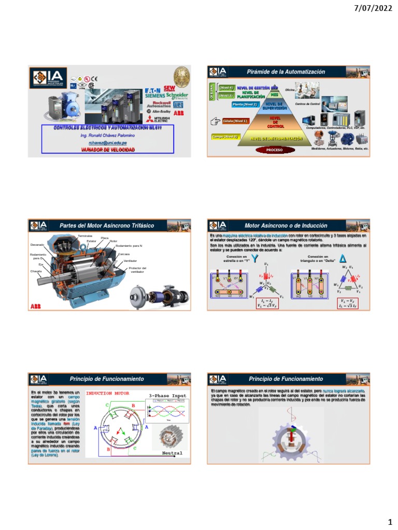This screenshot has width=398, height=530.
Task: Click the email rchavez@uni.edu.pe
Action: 108,142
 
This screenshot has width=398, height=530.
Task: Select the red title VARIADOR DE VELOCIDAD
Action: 108,150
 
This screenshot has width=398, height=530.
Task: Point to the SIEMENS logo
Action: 155,96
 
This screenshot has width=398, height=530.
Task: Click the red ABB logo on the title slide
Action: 178,113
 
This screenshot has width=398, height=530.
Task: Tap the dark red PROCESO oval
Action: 274,150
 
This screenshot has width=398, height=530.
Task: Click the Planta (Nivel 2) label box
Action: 245,104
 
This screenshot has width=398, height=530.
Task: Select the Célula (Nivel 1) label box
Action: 235,121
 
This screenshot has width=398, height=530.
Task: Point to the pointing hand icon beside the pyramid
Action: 215,122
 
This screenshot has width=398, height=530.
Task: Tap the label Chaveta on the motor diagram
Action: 36,271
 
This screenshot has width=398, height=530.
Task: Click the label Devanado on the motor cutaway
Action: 37,245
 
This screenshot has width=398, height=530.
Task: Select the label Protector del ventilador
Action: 137,270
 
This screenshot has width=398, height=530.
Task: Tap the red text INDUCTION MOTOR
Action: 107,393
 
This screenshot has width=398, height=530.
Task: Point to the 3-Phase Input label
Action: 167,396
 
